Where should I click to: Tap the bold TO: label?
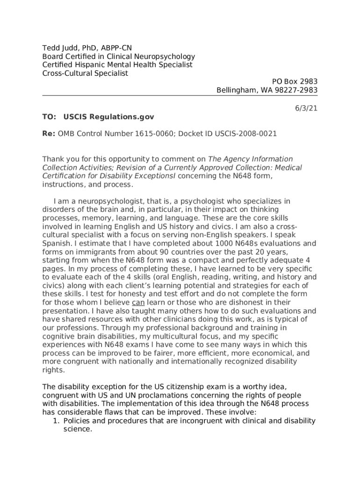click(x=49, y=116)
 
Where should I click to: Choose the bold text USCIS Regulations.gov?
click(x=108, y=116)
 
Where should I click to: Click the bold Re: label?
click(x=49, y=133)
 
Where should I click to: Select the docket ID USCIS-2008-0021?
click(x=245, y=133)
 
